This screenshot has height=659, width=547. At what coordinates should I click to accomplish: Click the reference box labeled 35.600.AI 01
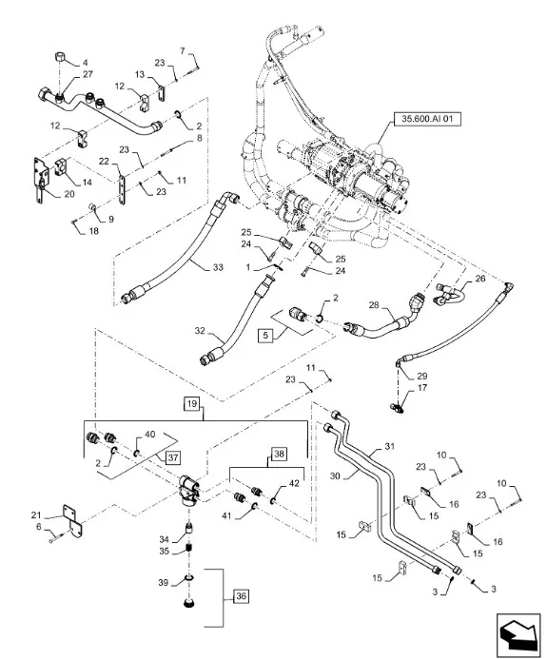424,120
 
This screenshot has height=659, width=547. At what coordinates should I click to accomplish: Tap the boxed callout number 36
239,596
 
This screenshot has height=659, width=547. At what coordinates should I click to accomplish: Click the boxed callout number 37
173,457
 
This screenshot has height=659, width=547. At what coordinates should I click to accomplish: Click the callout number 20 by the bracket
68,193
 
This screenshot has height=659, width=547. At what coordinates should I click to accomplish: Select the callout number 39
163,581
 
